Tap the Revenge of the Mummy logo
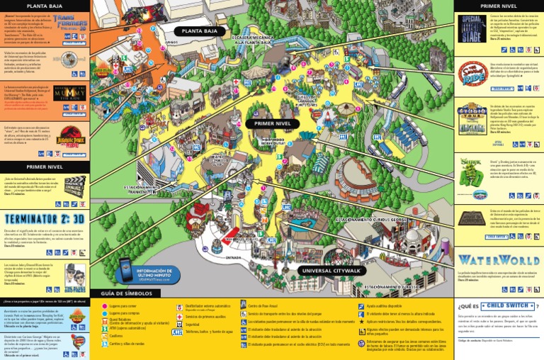[69, 94]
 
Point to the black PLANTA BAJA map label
[199, 31]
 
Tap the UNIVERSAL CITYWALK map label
[333, 271]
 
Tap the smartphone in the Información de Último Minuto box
[127, 269]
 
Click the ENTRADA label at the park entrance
[233, 248]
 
